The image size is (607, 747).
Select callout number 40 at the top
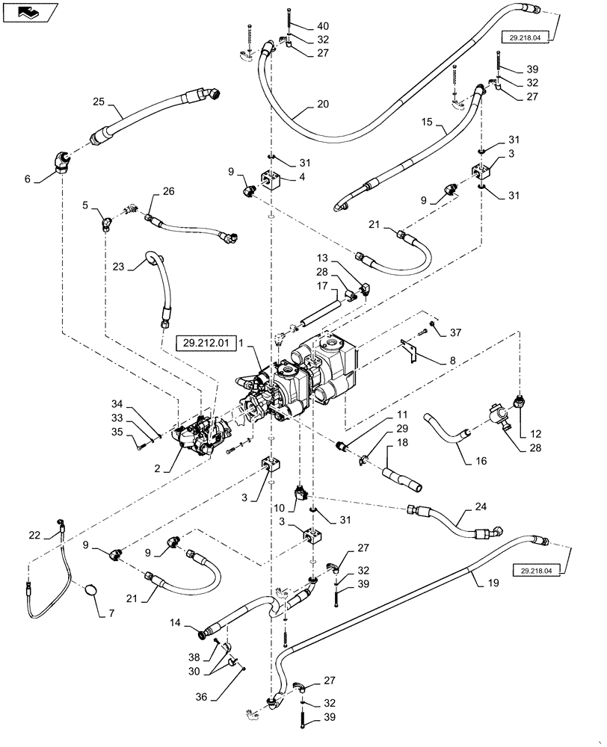coord(301,25)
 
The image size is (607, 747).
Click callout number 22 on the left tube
coord(34,534)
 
